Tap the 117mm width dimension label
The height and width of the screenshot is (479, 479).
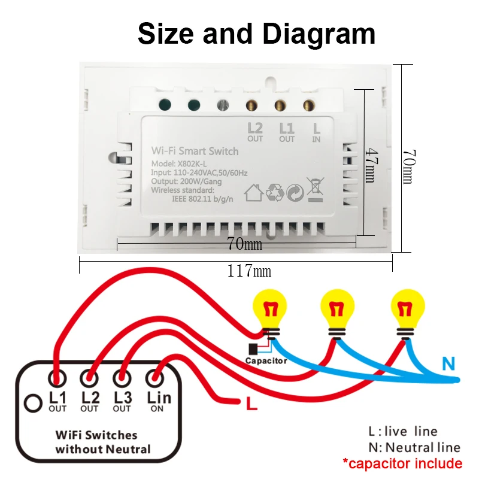pyautogui.click(x=249, y=271)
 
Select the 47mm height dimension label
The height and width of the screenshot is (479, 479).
pyautogui.click(x=371, y=166)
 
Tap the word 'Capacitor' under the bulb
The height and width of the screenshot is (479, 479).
pyautogui.click(x=266, y=361)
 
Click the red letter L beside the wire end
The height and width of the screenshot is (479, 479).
pyautogui.click(x=251, y=405)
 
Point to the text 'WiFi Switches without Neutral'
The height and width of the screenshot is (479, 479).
pyautogui.click(x=96, y=442)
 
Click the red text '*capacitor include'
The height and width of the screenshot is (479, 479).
pyautogui.click(x=402, y=463)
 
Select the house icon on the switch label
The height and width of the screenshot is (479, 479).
pyautogui.click(x=254, y=192)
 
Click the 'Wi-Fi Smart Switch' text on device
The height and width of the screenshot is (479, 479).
pyautogui.click(x=195, y=151)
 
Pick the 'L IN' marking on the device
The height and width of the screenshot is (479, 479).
pyautogui.click(x=317, y=131)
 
